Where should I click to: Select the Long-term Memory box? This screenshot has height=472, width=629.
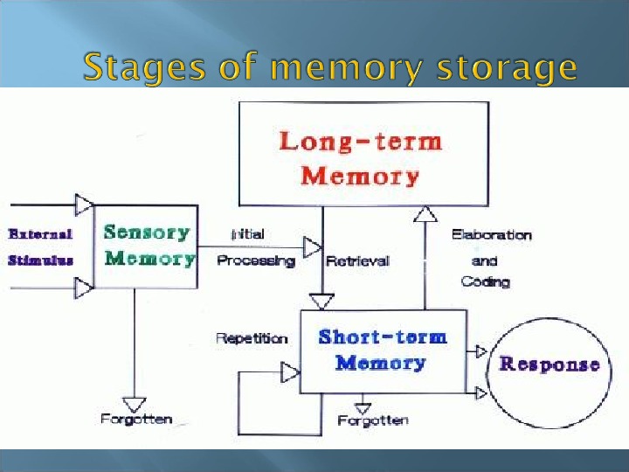[x=363, y=154]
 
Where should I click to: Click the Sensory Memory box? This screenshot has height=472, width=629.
[x=146, y=246]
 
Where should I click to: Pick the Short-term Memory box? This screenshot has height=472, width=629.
[x=383, y=350]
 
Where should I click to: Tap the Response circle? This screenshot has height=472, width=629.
[x=549, y=364]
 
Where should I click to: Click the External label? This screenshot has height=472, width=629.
[x=40, y=234]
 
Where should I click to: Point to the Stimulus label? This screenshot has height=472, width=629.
[x=40, y=260]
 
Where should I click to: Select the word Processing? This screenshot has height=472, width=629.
[x=255, y=260]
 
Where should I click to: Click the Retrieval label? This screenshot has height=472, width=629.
[x=357, y=260]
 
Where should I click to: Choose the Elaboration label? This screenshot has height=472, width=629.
[x=491, y=234]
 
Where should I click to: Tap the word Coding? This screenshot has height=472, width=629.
[x=485, y=281]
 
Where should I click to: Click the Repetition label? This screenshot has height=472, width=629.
[x=252, y=338]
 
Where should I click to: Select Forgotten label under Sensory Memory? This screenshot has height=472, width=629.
[x=136, y=419]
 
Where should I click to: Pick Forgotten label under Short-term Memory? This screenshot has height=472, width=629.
[x=373, y=421]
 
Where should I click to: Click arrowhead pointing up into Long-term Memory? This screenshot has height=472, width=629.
[x=425, y=214]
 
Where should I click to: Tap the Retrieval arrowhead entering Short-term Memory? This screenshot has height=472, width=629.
[x=322, y=302]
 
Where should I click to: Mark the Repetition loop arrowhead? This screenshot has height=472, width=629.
[x=290, y=373]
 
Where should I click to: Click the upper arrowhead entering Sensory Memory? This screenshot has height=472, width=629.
[x=84, y=205]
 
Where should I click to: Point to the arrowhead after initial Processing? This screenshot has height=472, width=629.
[x=312, y=247]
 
